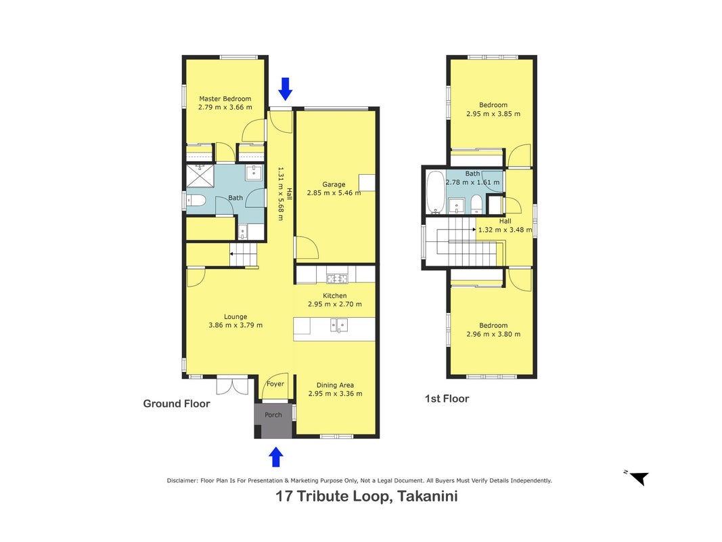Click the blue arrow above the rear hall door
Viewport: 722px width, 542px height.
tap(286, 89)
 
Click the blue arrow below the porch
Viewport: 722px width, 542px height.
tap(276, 457)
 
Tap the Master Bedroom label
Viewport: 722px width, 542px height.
tap(225, 99)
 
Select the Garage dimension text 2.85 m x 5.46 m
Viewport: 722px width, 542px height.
tap(334, 193)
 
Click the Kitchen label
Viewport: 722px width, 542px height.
tap(335, 296)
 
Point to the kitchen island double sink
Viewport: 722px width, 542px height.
tap(338, 325)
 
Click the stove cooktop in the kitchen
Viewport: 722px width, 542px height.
tap(338, 278)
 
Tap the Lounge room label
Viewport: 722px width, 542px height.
tap(235, 316)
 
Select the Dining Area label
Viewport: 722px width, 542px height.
tap(335, 385)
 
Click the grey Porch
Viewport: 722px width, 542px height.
tap(273, 420)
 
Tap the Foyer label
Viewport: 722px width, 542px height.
tap(275, 384)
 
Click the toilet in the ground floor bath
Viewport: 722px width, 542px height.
tap(196, 201)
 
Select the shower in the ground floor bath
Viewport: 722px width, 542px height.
tap(200, 176)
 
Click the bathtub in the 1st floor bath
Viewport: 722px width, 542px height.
tap(435, 192)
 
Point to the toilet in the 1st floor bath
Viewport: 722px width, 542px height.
tap(476, 203)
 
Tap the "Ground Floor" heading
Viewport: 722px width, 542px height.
tap(177, 404)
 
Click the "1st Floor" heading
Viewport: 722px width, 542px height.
tap(447, 398)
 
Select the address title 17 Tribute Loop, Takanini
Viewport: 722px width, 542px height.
tap(367, 497)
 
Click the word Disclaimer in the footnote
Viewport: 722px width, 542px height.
tap(182, 481)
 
